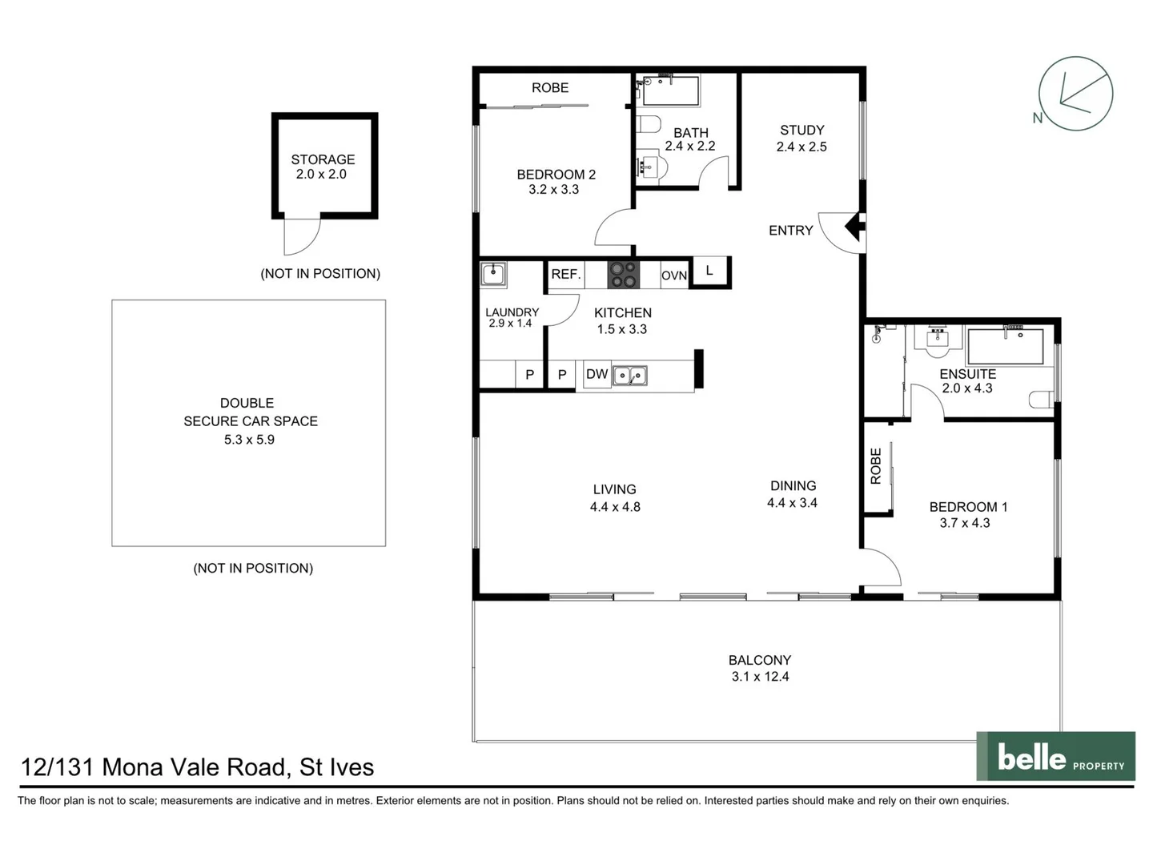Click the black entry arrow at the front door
tap(855, 227)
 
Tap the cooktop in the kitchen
tap(623, 274)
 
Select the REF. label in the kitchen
tap(565, 274)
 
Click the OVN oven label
tap(673, 275)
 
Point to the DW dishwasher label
tap(597, 374)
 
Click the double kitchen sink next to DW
tap(629, 375)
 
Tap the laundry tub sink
tap(493, 274)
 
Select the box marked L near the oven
tap(709, 271)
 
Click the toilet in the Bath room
tap(649, 124)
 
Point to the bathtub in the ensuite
tap(1005, 347)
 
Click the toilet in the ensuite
tap(1042, 400)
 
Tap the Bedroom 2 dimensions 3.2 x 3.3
tap(553, 190)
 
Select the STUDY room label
tap(801, 130)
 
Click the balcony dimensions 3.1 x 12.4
tap(760, 677)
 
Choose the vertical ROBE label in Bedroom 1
tap(875, 466)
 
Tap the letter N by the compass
tap(1038, 118)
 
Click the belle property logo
tap(1055, 756)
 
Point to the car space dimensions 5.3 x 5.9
tap(249, 440)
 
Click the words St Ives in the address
tap(336, 767)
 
